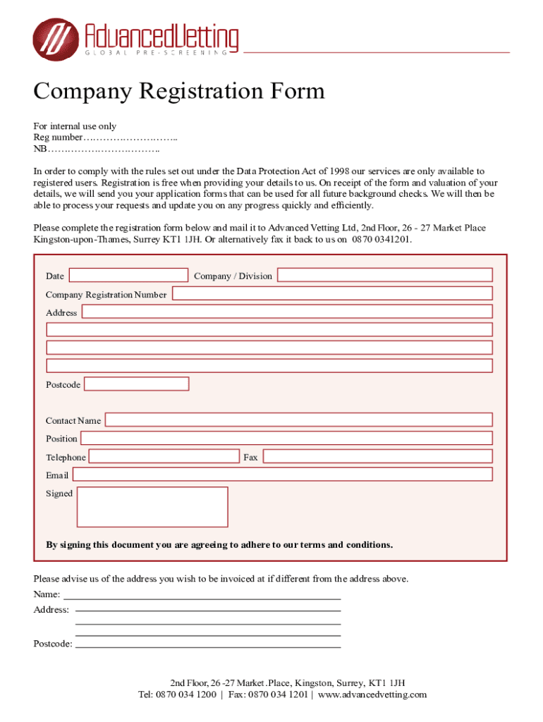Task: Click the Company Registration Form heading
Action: [179, 92]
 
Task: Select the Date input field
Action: [128, 275]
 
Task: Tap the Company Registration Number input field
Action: [332, 293]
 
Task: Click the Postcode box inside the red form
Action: [137, 384]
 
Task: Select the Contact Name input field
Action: [298, 420]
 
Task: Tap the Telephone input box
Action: [164, 456]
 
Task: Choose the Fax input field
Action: [377, 456]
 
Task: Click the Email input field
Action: [282, 475]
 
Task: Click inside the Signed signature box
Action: [152, 506]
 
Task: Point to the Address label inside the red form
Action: [61, 312]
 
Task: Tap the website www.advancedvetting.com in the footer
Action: [372, 695]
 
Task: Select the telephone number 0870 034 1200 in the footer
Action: [186, 695]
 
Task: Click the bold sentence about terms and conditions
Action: [219, 545]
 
